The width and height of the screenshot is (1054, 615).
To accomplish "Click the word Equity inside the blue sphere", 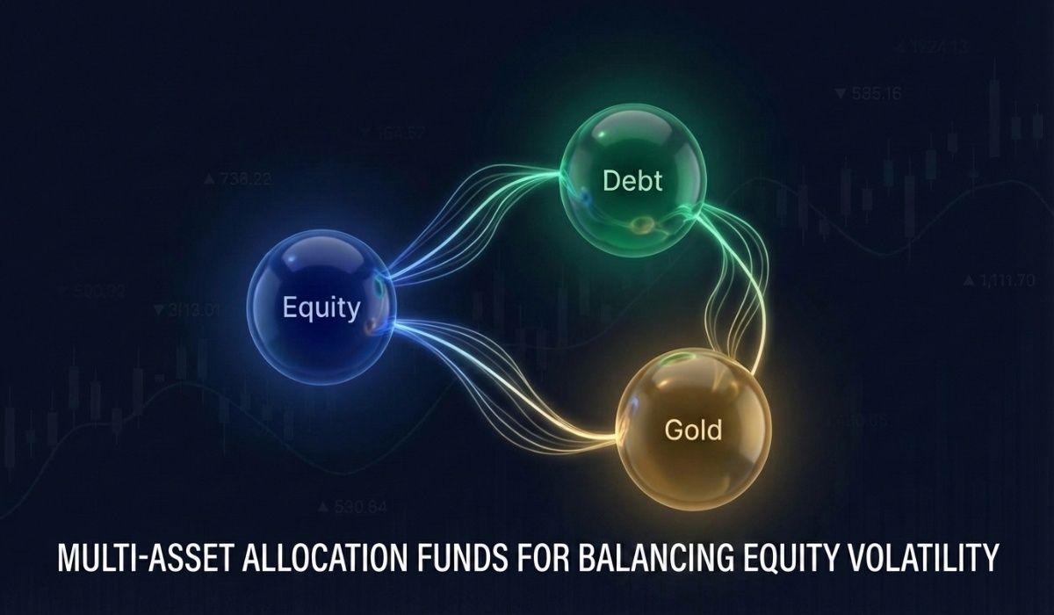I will pos(321,308).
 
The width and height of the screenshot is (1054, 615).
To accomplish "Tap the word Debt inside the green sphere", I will pos(632,182).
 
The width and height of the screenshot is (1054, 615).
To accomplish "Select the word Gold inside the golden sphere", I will pos(693,430).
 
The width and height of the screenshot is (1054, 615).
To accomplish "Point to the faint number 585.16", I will pos(875,94).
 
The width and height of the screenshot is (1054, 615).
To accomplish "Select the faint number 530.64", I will pos(358,506).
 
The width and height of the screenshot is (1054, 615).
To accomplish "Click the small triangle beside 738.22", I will pos(209,180).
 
